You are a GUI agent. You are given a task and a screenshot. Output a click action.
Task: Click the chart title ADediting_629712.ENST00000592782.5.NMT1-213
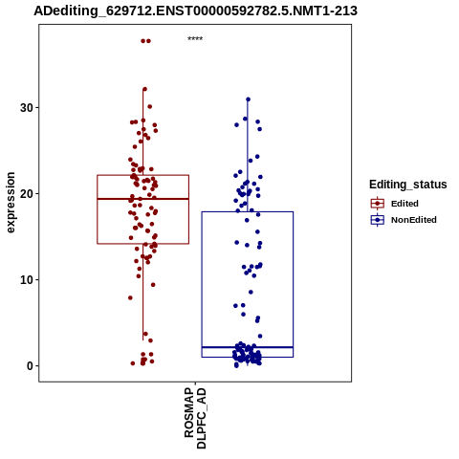point(195,11)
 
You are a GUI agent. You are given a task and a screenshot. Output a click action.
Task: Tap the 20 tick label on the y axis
point(27,194)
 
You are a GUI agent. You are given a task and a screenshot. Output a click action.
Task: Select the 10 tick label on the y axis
point(27,280)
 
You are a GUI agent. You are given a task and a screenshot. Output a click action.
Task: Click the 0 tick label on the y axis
point(30,366)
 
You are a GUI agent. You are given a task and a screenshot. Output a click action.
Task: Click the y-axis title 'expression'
point(11,203)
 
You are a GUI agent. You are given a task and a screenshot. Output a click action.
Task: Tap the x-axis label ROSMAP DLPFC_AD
point(195,419)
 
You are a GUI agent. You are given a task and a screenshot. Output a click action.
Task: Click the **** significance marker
point(195,39)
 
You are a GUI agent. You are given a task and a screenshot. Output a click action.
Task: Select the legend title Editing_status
point(408,185)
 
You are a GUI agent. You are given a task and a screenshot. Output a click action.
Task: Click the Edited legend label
point(404,204)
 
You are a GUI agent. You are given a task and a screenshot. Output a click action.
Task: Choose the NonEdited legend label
point(414,220)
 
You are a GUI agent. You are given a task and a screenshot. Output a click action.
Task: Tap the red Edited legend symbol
point(378,204)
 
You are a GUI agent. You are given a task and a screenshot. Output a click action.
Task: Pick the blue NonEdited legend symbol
point(378,220)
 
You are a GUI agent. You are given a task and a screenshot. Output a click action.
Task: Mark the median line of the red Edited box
point(142,199)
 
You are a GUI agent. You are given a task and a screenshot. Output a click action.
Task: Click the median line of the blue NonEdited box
point(248,347)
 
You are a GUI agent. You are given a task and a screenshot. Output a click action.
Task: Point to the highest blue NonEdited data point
point(248,99)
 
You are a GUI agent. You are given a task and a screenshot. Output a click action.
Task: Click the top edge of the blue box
point(248,211)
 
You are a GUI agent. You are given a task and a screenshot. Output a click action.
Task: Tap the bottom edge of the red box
point(142,244)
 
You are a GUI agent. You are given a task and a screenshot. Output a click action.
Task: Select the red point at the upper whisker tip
point(144,89)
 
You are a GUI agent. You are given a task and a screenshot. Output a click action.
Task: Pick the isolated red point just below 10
point(153,285)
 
